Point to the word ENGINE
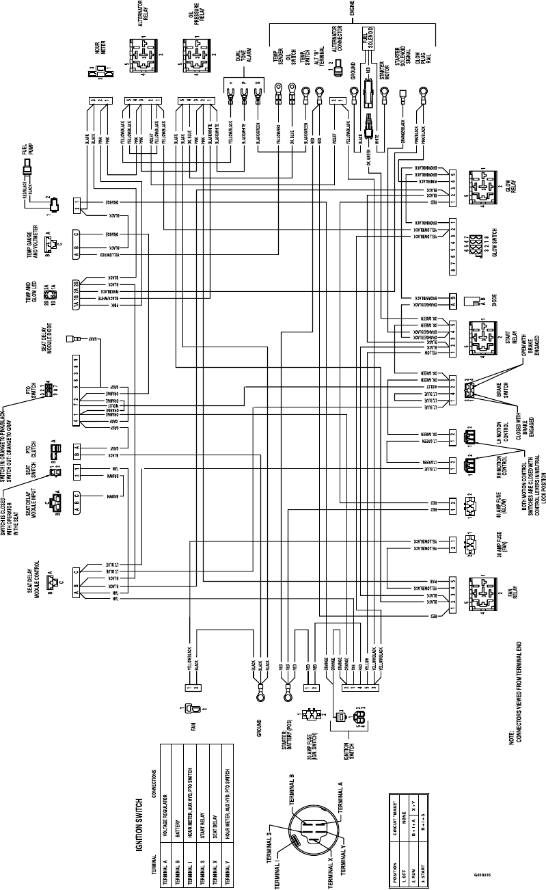pos(352,8)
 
